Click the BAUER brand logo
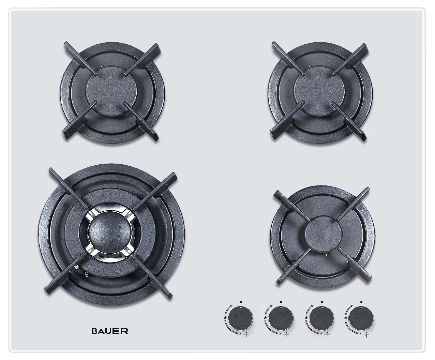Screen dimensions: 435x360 click(x=110, y=331)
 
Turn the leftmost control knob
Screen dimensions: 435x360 click(x=241, y=318)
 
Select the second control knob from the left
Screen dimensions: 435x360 click(x=281, y=318)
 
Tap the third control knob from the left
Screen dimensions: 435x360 click(x=322, y=318)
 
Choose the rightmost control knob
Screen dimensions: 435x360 click(x=361, y=318)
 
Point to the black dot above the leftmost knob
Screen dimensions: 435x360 click(x=241, y=302)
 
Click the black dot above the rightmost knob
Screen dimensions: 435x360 click(x=361, y=302)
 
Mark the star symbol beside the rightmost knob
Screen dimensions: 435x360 click(x=351, y=305)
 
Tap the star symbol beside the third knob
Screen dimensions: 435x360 click(x=312, y=305)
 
